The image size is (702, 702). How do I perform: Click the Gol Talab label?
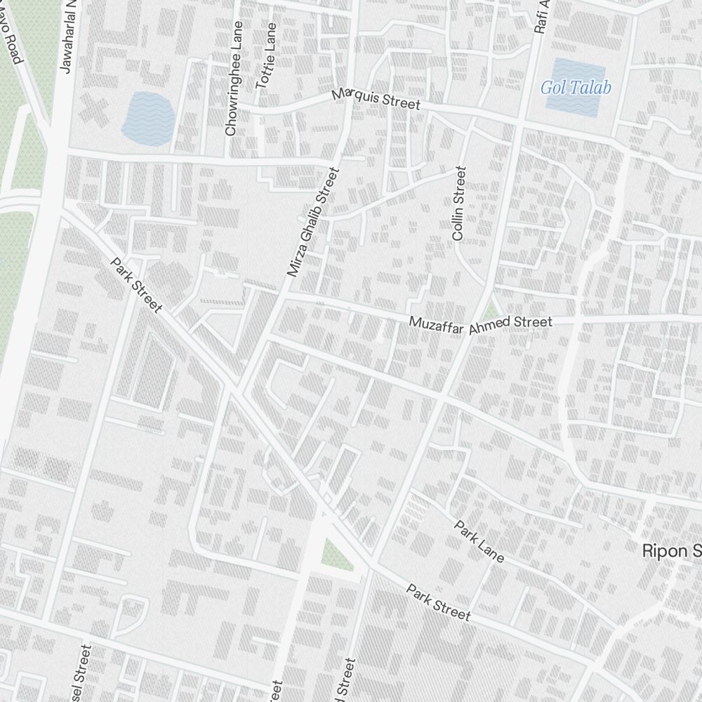(576, 88)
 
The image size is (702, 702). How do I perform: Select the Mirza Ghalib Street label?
(313, 222)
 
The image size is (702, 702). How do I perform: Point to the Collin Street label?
(459, 204)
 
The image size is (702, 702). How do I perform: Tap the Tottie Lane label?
(267, 55)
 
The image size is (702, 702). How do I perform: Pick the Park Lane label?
(479, 541)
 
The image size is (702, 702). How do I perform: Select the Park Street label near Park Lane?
(438, 602)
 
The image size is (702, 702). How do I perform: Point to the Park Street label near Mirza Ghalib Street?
(136, 285)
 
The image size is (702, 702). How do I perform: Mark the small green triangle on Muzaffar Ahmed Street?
(492, 308)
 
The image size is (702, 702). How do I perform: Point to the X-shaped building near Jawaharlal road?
(92, 110)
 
